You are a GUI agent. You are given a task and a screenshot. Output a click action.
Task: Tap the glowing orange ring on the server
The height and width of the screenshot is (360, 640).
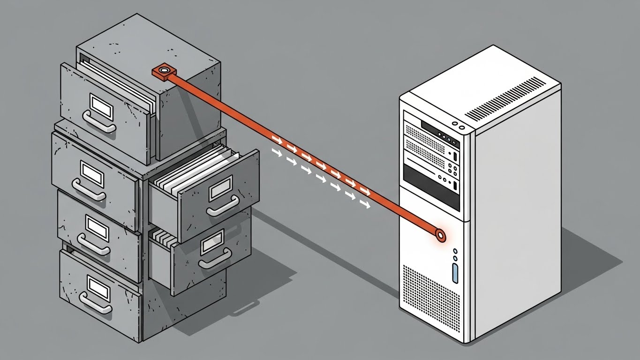[x=440, y=234]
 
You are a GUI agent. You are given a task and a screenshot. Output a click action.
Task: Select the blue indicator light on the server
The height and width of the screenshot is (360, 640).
[x=454, y=273]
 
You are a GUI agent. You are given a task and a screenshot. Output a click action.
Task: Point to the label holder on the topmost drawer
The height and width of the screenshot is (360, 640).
[x=102, y=105]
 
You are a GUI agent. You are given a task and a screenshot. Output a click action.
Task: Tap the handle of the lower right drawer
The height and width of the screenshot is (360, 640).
[x=215, y=259]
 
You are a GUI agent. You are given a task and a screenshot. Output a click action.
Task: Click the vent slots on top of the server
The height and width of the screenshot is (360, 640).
[x=505, y=98]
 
